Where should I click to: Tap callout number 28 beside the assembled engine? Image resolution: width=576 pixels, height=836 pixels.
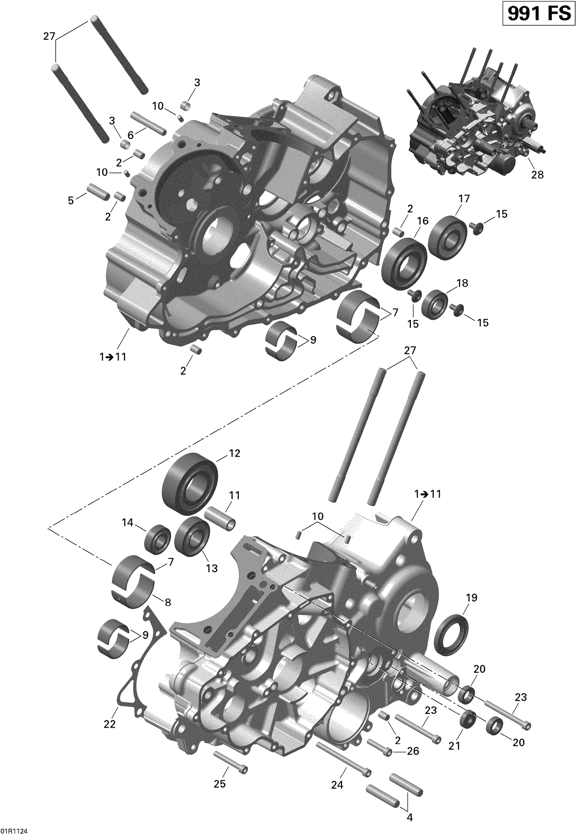coord(537,175)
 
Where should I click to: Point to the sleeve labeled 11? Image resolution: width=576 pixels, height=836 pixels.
coord(220,518)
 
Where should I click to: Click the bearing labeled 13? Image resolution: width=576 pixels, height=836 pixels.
coord(192,536)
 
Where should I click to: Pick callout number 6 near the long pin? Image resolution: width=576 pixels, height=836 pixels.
coord(131,135)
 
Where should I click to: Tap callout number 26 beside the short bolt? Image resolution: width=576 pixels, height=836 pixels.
coord(413,751)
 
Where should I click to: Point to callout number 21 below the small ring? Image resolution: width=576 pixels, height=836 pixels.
coord(454,745)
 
